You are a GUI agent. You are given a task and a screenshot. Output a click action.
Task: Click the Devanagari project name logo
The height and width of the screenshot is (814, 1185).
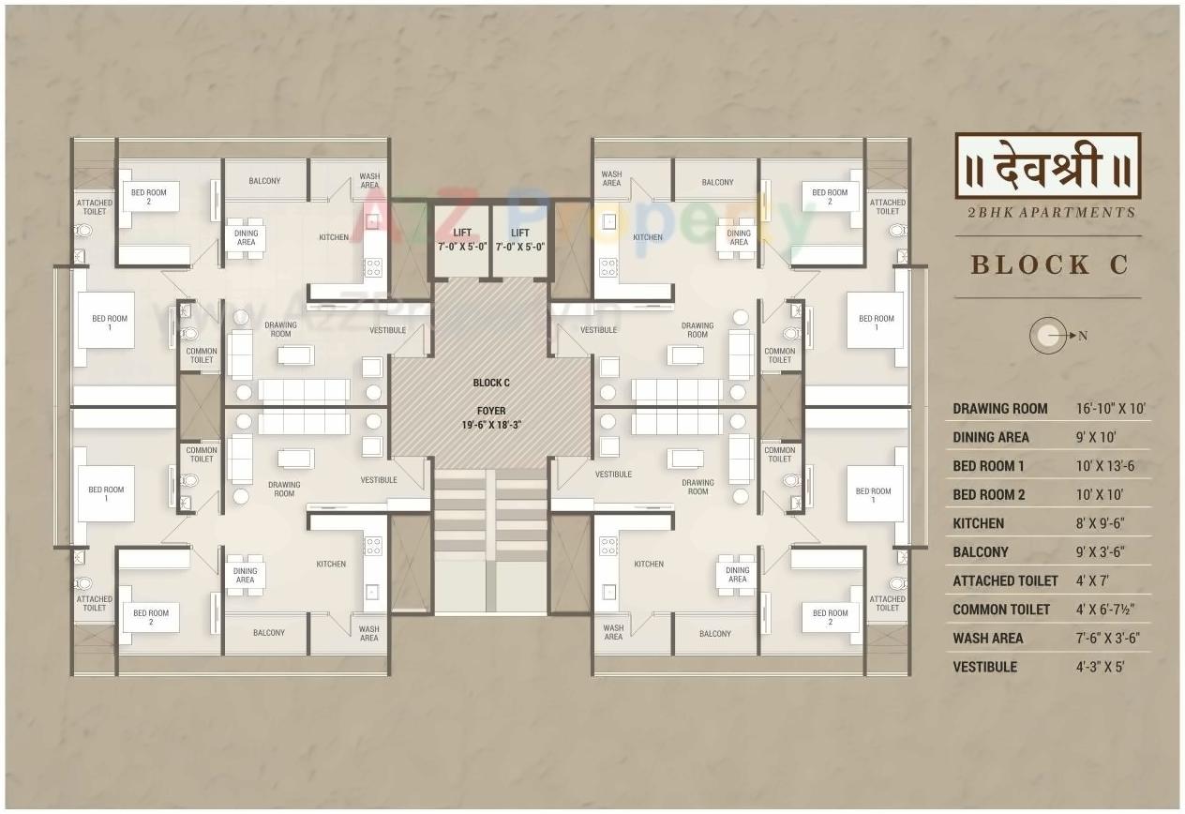coord(1047,165)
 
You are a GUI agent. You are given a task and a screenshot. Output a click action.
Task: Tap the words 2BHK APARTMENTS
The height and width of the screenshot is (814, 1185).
coord(1050,213)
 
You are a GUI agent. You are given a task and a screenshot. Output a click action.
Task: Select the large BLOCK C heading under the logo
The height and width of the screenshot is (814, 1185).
coord(1049,265)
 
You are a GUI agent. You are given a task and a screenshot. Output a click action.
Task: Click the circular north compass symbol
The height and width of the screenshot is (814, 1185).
coord(1047,336)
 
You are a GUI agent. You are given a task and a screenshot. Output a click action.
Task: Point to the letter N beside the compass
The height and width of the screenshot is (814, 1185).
coord(1082,337)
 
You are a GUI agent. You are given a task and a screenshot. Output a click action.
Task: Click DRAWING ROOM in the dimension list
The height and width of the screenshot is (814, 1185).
coord(1000,409)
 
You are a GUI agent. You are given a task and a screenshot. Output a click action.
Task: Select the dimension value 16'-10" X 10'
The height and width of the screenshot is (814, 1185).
coord(1111,409)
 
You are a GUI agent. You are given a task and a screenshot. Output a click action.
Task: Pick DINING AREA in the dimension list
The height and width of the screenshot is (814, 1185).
coord(990,437)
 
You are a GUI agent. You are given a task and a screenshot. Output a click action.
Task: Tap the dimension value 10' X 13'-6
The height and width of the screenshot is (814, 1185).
coord(1105,466)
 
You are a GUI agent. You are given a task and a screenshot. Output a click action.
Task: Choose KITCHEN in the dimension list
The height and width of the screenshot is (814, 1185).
coord(978,523)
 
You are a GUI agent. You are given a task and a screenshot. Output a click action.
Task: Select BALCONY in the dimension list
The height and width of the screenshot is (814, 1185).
coord(980,552)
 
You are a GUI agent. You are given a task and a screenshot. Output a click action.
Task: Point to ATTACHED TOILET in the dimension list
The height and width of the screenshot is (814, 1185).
coord(1005,581)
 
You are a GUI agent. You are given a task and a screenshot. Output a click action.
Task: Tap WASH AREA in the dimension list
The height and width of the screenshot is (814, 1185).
coord(987,639)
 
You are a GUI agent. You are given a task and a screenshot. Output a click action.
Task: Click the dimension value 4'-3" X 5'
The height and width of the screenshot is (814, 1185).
coord(1100,668)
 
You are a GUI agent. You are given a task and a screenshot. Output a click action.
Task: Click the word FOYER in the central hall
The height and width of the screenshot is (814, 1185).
coord(491,411)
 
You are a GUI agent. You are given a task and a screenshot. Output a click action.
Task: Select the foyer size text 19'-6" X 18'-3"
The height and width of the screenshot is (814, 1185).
coord(491,425)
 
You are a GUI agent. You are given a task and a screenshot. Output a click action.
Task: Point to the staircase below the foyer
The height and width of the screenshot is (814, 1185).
coord(491,535)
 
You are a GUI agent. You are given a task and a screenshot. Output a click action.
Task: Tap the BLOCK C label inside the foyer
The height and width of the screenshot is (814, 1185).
coord(491,383)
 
